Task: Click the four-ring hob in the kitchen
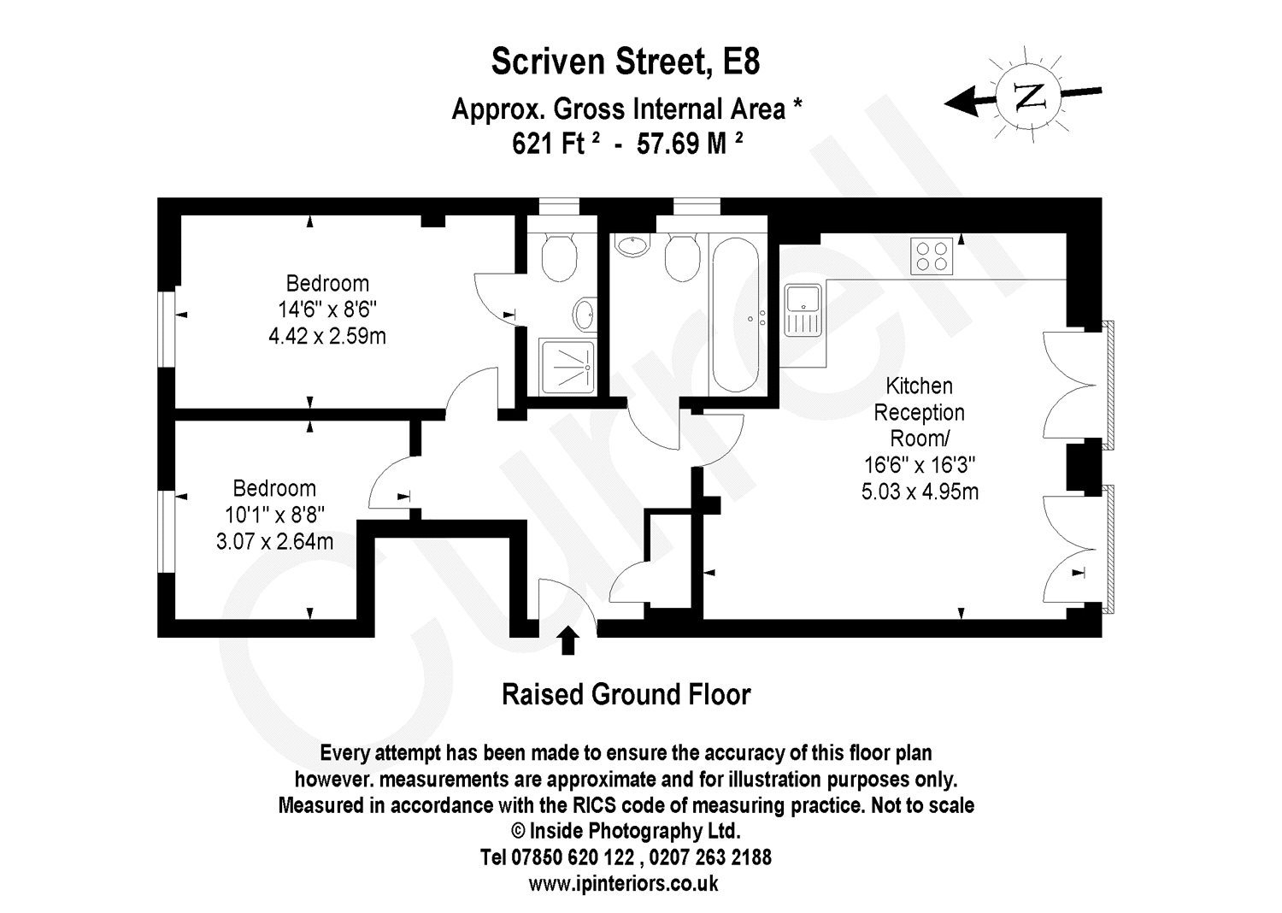click(932, 256)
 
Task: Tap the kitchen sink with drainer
click(803, 310)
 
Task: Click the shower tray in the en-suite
click(567, 367)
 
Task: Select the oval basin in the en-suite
click(585, 315)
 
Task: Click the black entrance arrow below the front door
click(567, 639)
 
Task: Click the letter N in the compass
click(1028, 96)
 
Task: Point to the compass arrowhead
click(961, 103)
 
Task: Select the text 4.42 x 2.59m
click(327, 336)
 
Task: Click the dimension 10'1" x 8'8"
click(274, 515)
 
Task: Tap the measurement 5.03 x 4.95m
click(920, 492)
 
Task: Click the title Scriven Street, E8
click(626, 62)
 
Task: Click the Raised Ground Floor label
click(626, 695)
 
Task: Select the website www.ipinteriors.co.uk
click(623, 883)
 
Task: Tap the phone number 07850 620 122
click(573, 857)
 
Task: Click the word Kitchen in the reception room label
click(919, 386)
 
